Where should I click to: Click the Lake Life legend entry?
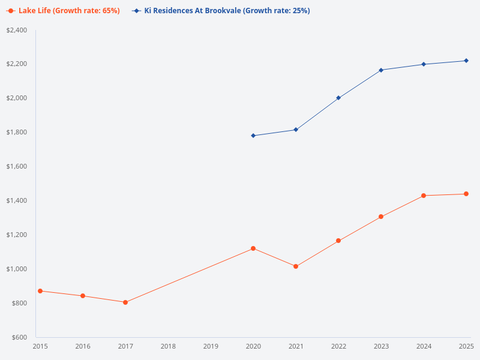(63, 11)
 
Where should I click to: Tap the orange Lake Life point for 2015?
(40, 291)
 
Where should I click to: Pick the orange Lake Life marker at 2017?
(125, 302)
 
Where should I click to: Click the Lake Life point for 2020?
(253, 248)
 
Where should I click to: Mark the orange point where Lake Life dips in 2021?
(296, 266)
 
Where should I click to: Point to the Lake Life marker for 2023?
(381, 217)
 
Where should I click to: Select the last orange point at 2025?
(466, 194)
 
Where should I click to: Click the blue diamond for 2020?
(253, 136)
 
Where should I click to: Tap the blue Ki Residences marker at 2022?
(338, 98)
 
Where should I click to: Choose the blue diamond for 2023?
(381, 70)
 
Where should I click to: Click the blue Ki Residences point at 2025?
(466, 61)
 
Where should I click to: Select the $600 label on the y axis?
(19, 337)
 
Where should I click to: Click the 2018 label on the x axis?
(168, 346)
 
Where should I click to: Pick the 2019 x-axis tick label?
(211, 346)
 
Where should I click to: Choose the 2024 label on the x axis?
(424, 346)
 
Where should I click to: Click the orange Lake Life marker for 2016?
(83, 296)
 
